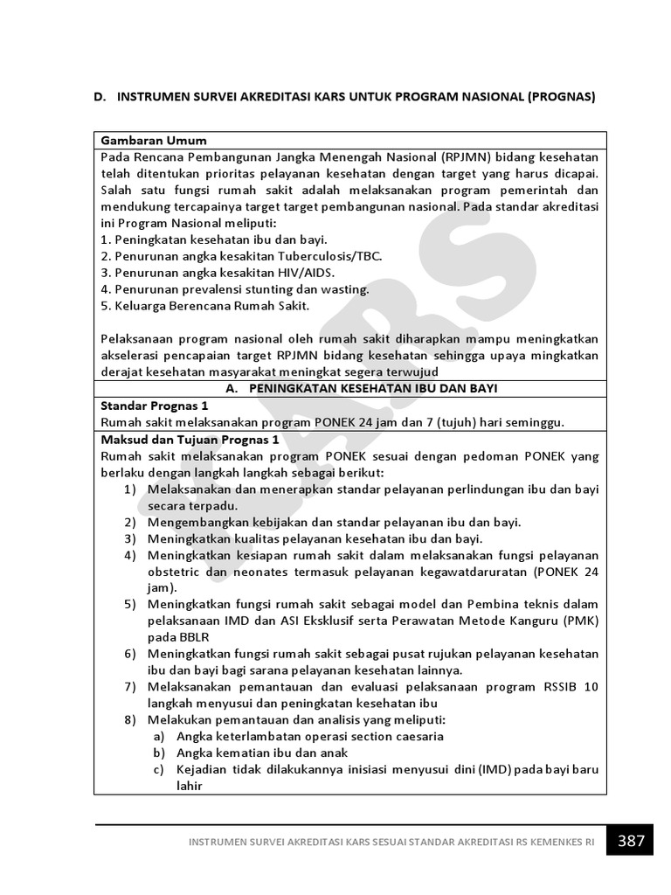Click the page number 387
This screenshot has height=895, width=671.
[x=631, y=842]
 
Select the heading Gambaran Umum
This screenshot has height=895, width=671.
[x=154, y=140]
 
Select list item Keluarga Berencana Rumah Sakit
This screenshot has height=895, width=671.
[x=204, y=305]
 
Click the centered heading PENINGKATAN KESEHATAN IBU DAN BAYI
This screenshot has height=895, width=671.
[x=360, y=388]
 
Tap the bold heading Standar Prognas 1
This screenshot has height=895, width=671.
[x=155, y=406]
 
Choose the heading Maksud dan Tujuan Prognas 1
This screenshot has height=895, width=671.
[x=190, y=439]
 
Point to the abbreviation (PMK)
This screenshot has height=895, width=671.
[x=579, y=621]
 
